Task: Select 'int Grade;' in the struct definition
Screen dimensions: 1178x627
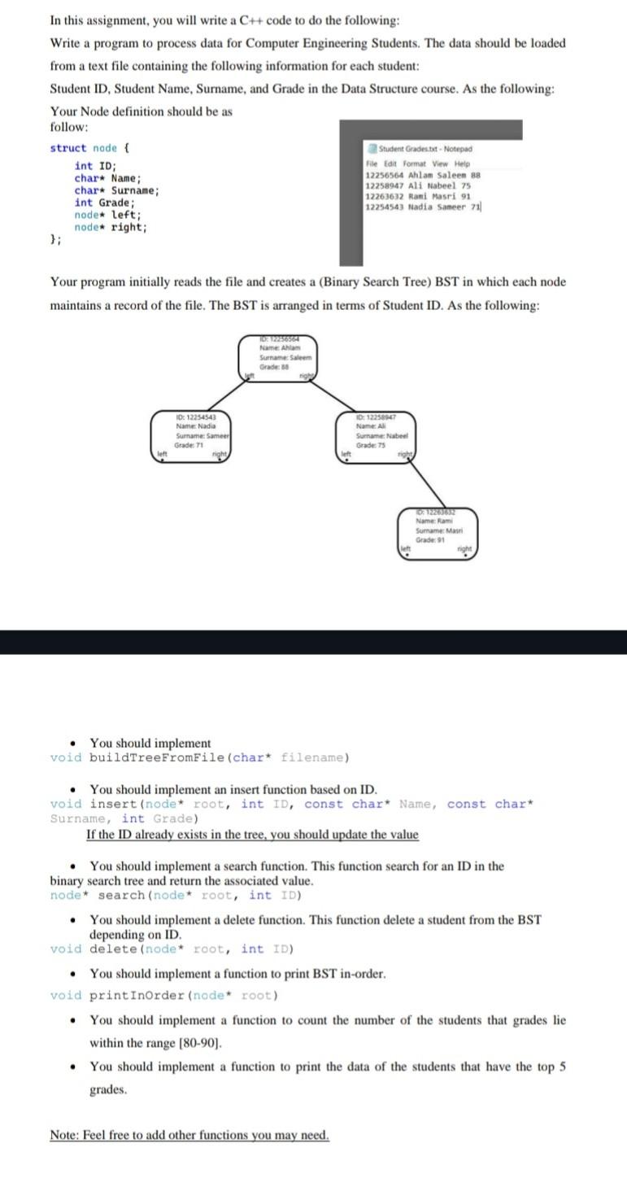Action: point(105,203)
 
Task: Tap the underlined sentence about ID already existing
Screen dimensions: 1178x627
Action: point(252,835)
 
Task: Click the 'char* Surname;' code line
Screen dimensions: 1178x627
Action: point(117,190)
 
